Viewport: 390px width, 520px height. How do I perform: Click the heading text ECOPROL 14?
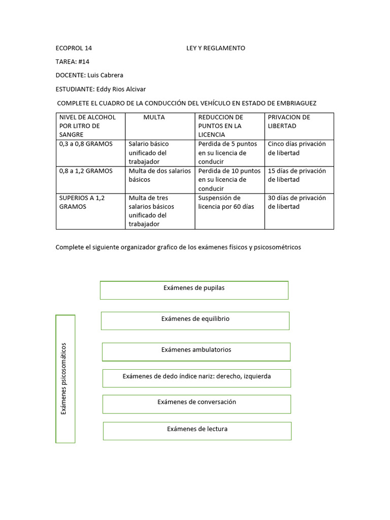(x=74, y=48)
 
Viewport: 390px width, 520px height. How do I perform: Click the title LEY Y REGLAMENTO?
(x=215, y=48)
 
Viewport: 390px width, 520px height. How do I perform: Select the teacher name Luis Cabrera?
(x=105, y=75)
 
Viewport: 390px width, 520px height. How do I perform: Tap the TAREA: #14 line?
(x=73, y=61)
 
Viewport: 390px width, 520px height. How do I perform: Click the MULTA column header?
(x=154, y=117)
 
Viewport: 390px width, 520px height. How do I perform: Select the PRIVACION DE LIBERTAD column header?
(x=288, y=121)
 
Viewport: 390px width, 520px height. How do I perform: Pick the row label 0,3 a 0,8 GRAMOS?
(x=86, y=144)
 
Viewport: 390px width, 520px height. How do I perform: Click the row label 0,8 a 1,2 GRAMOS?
(x=86, y=171)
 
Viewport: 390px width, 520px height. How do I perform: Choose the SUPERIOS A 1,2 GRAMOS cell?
(x=82, y=202)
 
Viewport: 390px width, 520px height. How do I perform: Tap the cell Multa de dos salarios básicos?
(x=159, y=175)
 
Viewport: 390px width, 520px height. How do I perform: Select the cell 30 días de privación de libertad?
(x=297, y=202)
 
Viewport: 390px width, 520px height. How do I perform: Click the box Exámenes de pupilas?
(x=194, y=289)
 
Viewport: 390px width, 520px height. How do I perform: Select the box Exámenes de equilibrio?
(x=195, y=320)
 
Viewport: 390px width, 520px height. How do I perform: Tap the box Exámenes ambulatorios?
(x=196, y=351)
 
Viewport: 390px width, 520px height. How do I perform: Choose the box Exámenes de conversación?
(x=197, y=404)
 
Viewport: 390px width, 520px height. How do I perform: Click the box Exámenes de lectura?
(x=197, y=431)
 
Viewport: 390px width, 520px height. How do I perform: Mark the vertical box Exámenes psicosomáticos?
(x=65, y=379)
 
